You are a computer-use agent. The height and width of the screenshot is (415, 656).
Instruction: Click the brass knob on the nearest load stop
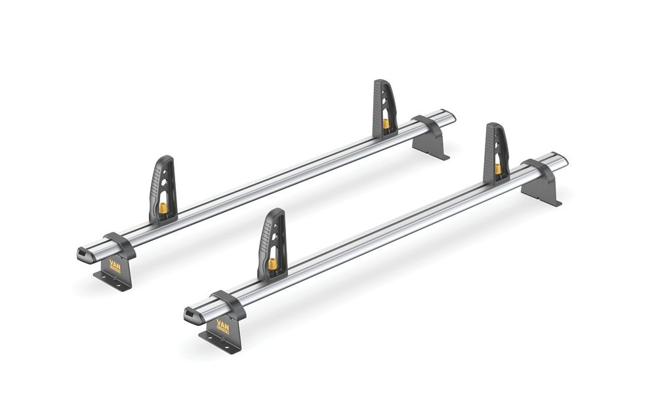[x=272, y=264]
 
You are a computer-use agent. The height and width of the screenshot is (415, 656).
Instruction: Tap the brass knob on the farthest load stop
[x=386, y=123]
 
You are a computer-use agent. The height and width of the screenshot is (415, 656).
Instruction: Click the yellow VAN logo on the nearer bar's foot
[x=223, y=326]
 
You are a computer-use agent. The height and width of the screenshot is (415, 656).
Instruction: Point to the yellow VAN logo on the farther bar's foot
[x=115, y=266]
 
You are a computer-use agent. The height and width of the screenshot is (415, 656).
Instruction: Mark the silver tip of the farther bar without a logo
[x=448, y=117]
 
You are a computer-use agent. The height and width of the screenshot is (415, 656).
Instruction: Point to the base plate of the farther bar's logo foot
[x=112, y=282]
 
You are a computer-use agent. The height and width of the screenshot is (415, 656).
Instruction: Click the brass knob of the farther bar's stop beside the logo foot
[x=163, y=208]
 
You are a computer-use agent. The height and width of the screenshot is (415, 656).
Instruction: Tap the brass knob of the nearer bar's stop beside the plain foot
[x=498, y=168]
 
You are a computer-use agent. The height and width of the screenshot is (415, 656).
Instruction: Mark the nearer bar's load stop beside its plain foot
[x=496, y=153]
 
